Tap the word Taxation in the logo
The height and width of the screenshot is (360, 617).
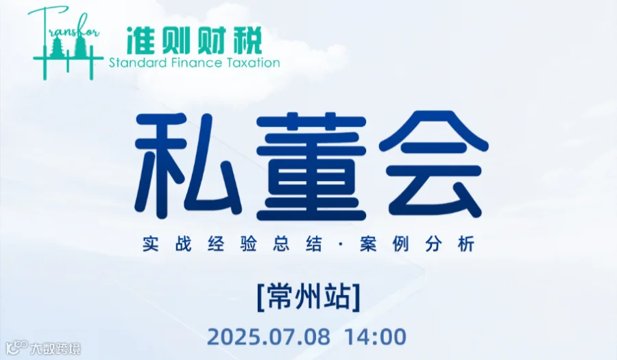253,63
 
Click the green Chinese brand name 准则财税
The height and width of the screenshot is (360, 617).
194,40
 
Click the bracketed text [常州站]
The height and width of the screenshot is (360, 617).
308,298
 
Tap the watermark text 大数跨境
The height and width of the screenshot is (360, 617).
56,348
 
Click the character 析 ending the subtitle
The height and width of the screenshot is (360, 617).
467,245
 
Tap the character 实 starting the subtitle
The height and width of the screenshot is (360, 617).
152,245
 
